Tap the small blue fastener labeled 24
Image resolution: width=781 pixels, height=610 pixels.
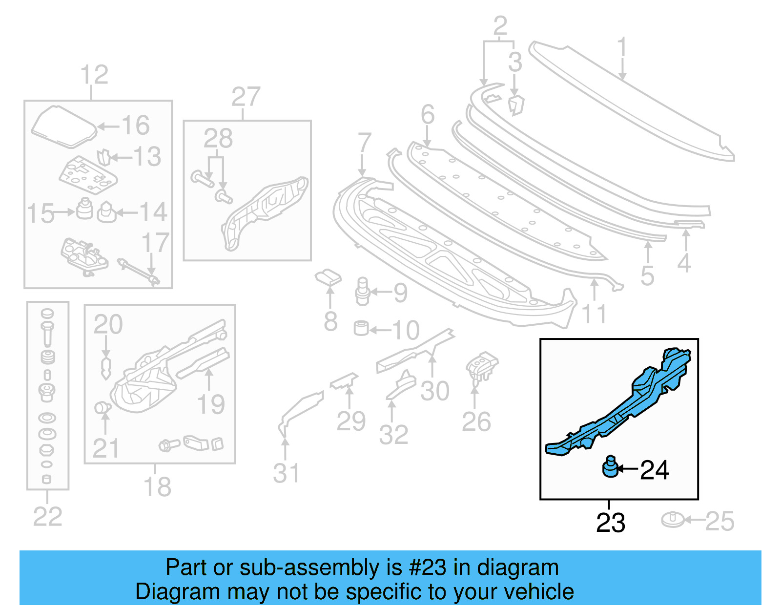click(x=610, y=467)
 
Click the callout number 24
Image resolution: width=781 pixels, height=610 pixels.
click(x=654, y=470)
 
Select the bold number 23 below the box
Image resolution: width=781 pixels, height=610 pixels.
click(x=610, y=523)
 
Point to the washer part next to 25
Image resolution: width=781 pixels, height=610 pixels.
click(x=673, y=520)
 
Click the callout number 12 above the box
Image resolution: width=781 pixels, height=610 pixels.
click(x=94, y=75)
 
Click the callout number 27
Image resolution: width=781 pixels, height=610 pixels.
click(x=246, y=97)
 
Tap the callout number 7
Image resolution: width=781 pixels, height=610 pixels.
click(x=364, y=143)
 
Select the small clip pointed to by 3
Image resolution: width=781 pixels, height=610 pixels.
click(x=515, y=105)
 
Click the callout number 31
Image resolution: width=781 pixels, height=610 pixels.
click(x=286, y=473)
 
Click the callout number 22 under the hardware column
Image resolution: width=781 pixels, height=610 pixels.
click(x=47, y=517)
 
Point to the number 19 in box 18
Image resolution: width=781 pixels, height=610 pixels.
click(x=210, y=404)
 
